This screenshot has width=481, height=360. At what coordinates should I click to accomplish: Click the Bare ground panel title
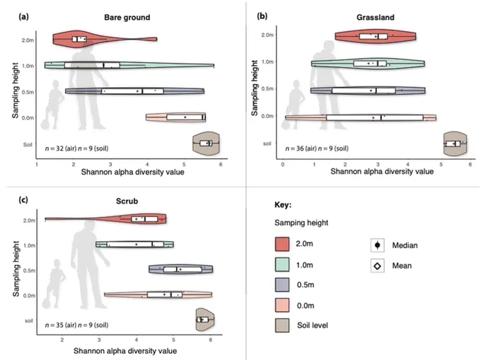(127, 17)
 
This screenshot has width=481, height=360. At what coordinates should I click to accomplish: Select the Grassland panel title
(375, 17)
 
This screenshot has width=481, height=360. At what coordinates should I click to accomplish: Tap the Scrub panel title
(127, 201)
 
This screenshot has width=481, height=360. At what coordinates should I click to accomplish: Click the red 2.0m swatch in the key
(282, 244)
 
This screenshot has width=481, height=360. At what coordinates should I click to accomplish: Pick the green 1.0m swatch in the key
(282, 265)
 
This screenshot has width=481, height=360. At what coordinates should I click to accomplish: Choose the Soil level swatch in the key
(282, 325)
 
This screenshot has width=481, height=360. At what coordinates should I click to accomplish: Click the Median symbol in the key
(377, 245)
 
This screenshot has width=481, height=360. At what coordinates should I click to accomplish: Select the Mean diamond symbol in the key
(377, 266)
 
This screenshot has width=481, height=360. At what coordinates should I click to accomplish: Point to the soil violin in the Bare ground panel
(206, 143)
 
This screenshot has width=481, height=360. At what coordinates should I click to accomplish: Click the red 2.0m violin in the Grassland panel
(375, 37)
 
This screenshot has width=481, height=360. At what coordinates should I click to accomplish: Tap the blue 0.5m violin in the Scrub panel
(180, 269)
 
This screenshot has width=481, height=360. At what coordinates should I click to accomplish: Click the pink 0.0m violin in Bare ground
(175, 117)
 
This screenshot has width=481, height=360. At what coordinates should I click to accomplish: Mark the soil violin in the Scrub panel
(205, 320)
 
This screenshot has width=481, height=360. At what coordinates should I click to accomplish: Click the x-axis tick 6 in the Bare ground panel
(221, 164)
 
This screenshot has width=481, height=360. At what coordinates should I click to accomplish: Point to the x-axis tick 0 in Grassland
(283, 164)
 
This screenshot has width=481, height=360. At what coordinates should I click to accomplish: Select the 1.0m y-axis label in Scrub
(29, 245)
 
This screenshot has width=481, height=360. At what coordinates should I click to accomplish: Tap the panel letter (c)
(23, 200)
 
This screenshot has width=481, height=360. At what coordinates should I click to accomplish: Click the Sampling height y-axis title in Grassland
(255, 88)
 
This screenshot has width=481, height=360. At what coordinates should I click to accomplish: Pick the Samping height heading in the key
(301, 223)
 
